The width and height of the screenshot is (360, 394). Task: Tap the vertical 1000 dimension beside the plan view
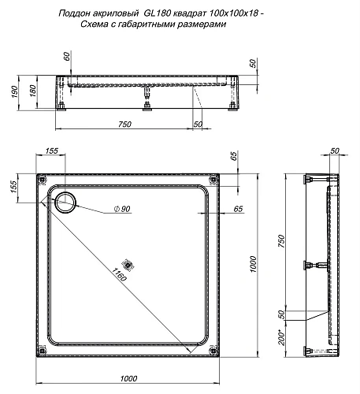[253, 265]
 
